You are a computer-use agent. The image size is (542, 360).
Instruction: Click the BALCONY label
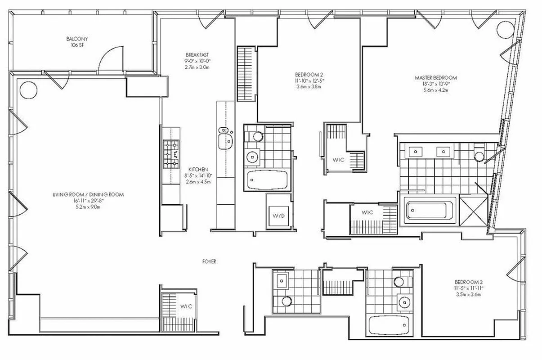click(76, 39)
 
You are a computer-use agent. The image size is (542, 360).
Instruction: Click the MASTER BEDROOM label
click(435, 78)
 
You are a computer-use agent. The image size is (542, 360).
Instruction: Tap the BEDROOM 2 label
click(309, 74)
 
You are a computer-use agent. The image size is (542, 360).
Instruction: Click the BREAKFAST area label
click(197, 55)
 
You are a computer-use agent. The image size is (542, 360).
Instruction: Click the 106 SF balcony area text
click(76, 45)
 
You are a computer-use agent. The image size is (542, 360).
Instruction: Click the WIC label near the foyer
click(186, 306)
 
